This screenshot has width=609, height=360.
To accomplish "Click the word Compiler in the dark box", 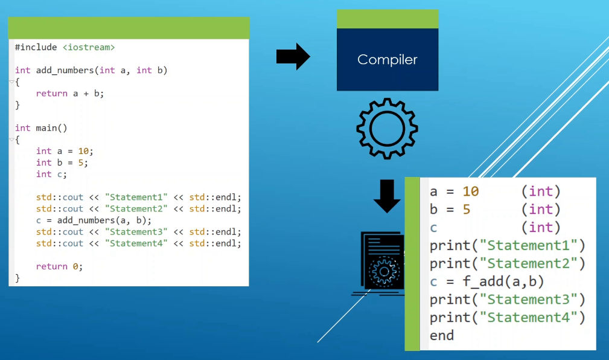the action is click(x=387, y=60).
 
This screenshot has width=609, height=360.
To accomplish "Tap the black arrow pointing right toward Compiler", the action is click(x=293, y=56).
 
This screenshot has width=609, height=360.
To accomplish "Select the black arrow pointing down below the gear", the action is click(x=387, y=196).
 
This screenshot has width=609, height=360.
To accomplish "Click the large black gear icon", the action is click(x=387, y=129).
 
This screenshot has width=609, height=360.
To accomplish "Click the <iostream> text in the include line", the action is click(x=89, y=48).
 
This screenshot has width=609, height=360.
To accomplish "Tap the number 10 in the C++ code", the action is click(x=83, y=151).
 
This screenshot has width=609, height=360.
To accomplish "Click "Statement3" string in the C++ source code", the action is click(x=136, y=232).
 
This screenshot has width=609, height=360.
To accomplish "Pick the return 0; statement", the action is click(x=59, y=267).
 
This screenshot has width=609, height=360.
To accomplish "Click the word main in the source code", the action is click(x=46, y=128).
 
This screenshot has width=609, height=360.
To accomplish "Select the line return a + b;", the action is click(x=70, y=94).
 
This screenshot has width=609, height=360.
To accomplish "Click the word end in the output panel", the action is click(x=442, y=335).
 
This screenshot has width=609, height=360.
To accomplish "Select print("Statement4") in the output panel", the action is click(x=507, y=318).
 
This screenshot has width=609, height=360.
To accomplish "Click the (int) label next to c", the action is click(x=541, y=228).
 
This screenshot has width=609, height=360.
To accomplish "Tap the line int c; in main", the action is click(x=51, y=174).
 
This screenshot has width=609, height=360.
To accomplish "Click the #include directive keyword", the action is click(x=36, y=48).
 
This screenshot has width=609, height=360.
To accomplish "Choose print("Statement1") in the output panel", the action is click(x=507, y=246).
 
